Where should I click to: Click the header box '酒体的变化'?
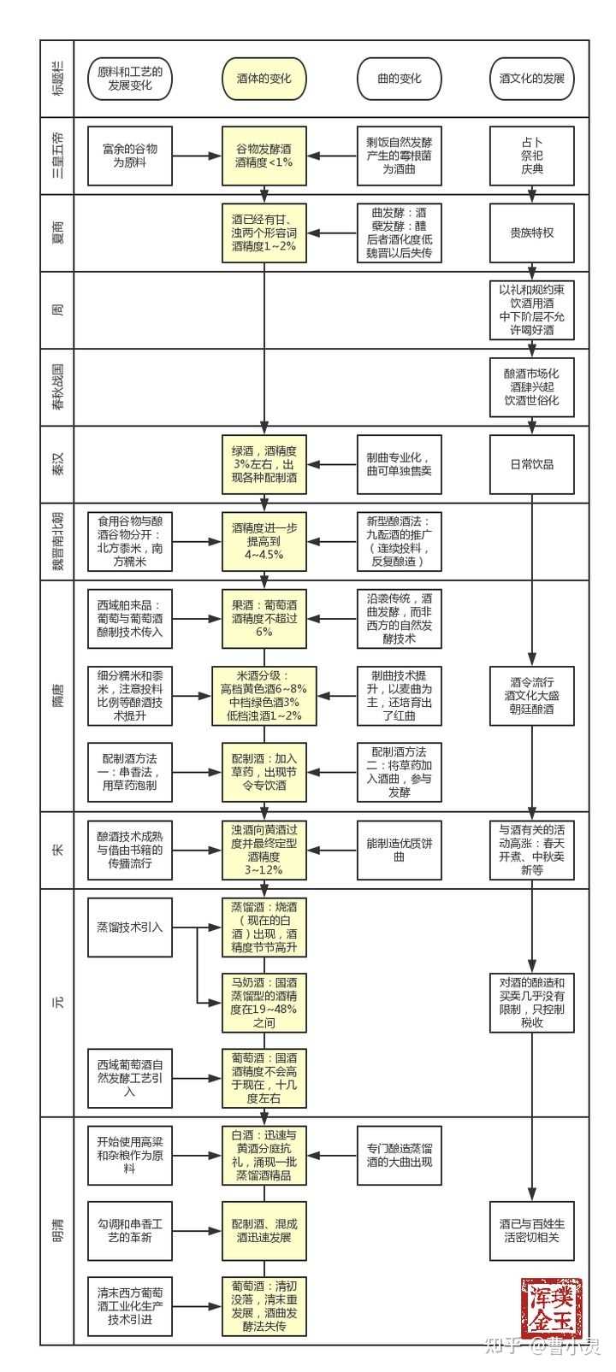(264, 79)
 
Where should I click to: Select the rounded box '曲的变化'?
(399, 79)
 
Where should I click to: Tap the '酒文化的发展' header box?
(531, 79)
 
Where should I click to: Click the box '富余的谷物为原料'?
(130, 156)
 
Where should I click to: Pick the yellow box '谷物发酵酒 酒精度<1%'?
(264, 156)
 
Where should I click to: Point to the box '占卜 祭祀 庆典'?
(531, 156)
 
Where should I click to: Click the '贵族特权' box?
(531, 233)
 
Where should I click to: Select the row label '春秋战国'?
(57, 386)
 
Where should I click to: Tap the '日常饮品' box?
(531, 464)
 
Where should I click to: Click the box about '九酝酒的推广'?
(399, 541)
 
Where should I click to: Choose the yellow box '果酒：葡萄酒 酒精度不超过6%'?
(264, 618)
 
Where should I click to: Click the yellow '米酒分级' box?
(264, 695)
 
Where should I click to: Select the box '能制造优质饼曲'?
(399, 850)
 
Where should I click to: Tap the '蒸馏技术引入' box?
(130, 927)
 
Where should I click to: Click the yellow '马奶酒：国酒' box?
(264, 1003)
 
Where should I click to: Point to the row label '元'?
(57, 1002)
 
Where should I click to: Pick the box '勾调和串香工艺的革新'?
(130, 1231)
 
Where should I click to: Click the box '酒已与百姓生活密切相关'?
(531, 1231)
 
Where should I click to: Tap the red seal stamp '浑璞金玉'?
(551, 1308)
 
